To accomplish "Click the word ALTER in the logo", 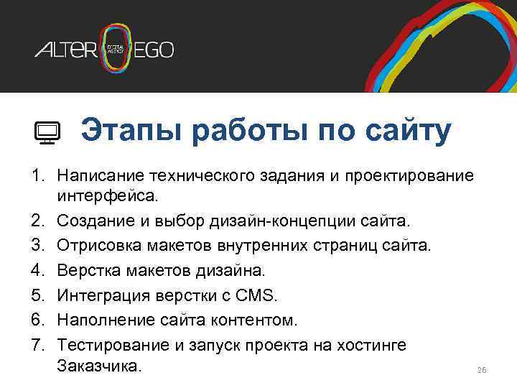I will (65, 50).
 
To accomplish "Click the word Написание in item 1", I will (100, 176).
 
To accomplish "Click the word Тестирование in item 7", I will (114, 346).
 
